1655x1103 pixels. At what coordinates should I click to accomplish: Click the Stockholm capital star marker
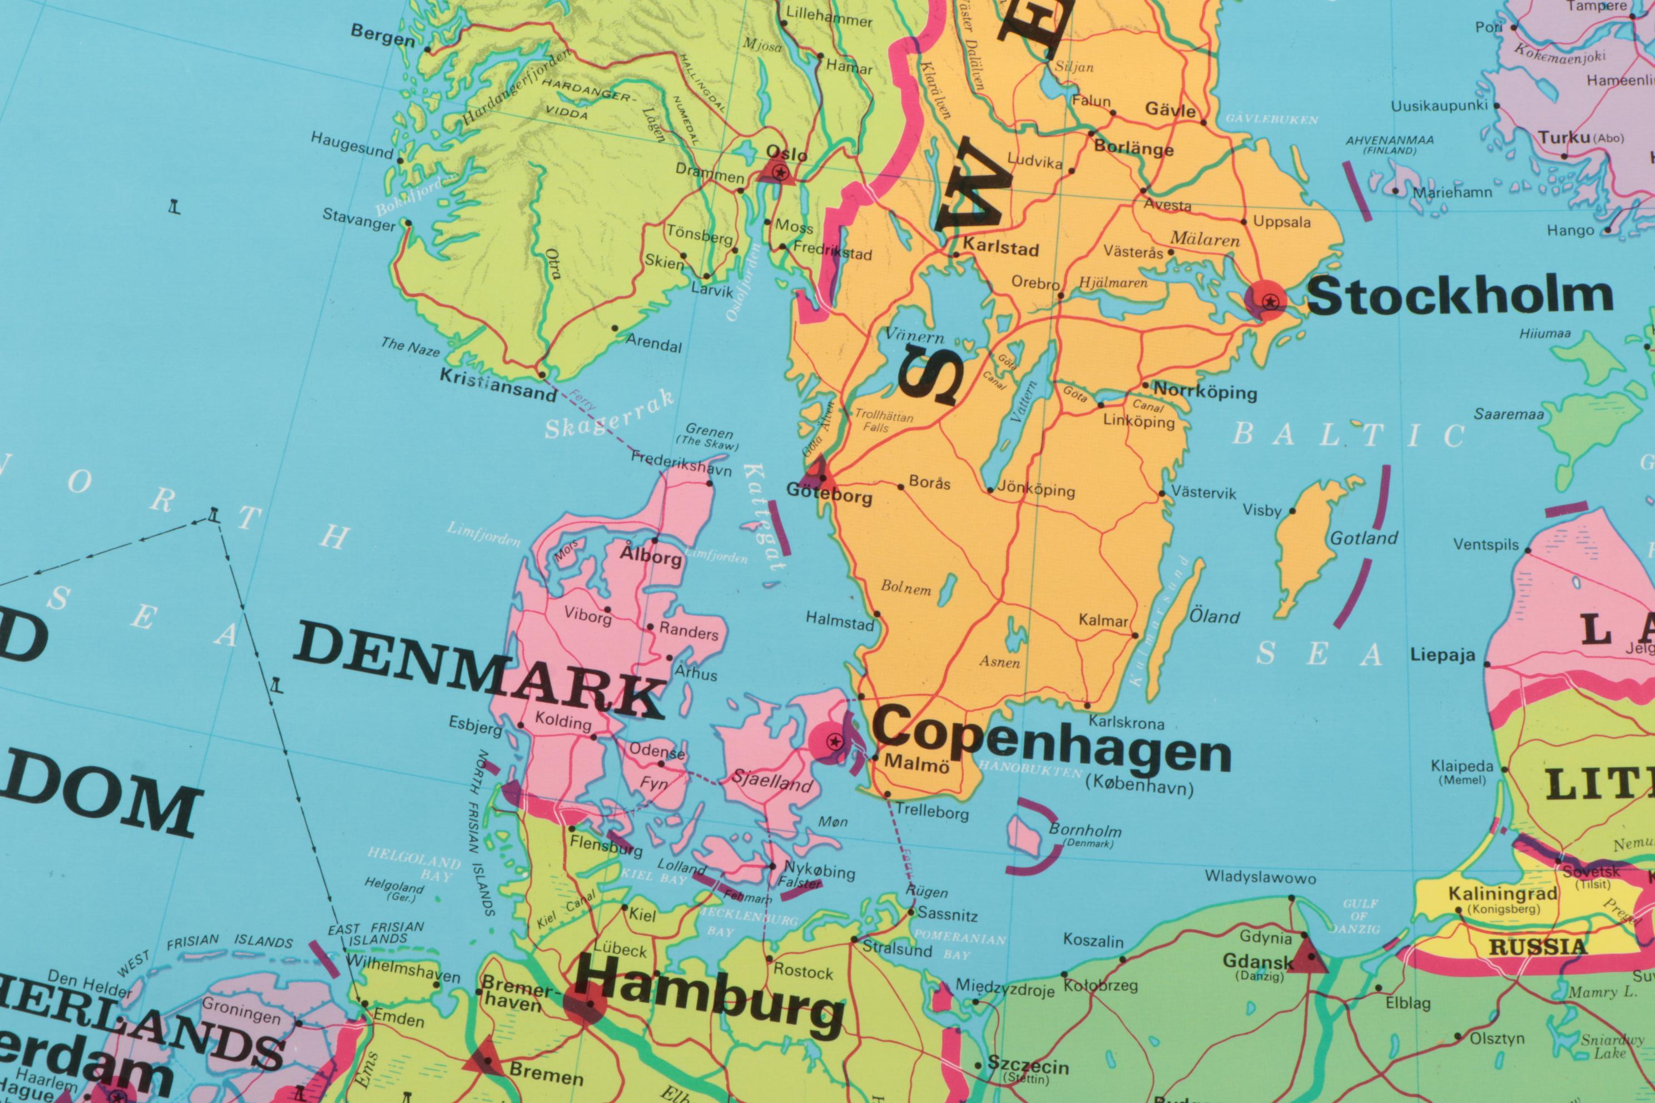pos(1270,302)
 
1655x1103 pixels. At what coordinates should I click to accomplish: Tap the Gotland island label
pos(1363,539)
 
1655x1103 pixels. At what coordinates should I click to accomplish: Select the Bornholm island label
pos(1084,830)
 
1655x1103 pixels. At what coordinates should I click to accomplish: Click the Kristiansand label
pos(498,385)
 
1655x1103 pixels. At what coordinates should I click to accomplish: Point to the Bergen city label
pos(383,35)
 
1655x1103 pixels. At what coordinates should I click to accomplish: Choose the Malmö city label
pos(916,763)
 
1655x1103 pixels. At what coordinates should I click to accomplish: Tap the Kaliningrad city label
pos(1502,893)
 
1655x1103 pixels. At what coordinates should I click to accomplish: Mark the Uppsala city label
pos(1281,222)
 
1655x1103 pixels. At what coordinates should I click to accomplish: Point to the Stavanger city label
pos(359,220)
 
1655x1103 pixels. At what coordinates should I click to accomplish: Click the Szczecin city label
pos(1027,1066)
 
